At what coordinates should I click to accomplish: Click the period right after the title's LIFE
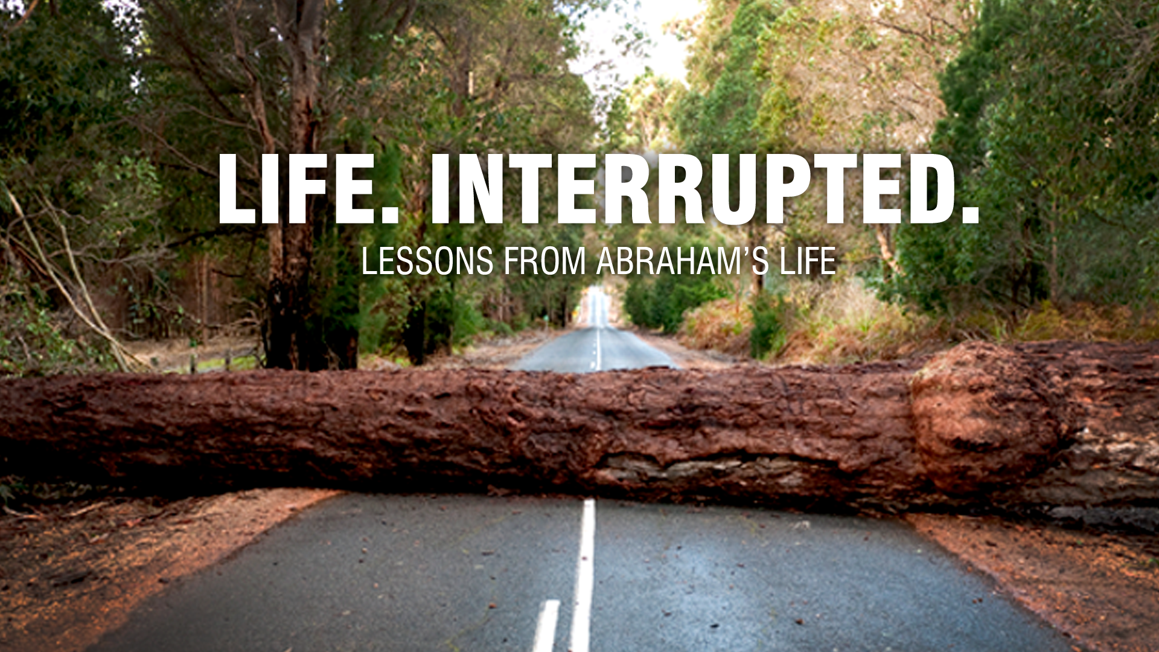point(390,214)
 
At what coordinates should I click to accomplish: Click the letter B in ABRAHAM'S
point(631,261)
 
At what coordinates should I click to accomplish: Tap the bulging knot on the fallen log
point(984,417)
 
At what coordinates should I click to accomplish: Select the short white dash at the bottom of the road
point(546,625)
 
